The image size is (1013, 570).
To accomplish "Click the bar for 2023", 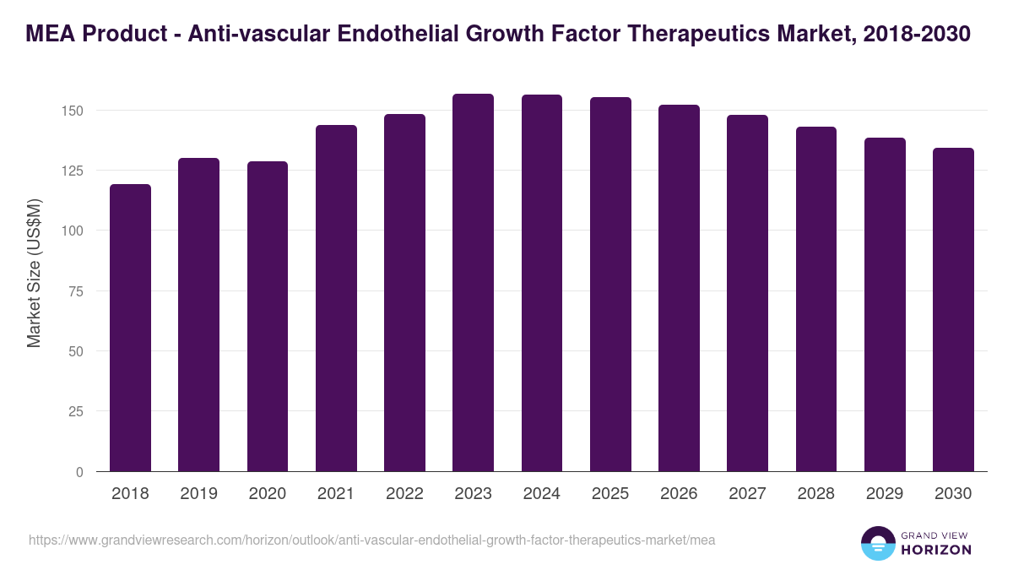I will coord(473,283).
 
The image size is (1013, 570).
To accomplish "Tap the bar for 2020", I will coord(268,317).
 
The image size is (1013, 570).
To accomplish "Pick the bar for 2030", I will coord(953,310).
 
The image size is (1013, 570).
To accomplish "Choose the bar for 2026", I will coord(679,288).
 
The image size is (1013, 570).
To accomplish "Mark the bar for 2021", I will coord(336,298).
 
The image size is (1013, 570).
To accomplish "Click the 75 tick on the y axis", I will coord(77,291).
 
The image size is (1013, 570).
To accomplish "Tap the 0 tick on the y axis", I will coord(80,472).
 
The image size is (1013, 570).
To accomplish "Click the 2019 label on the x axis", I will coord(198,494).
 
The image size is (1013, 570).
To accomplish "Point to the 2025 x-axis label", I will coord(610,494).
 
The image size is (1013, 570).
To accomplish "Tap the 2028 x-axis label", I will coord(816,494).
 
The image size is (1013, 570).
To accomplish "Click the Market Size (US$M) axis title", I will coord(34,272).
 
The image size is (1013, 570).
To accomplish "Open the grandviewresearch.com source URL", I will coord(371,540).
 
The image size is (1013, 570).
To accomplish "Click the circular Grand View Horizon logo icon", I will coord(878,543).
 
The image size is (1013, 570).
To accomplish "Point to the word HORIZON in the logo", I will coord(935,550).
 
